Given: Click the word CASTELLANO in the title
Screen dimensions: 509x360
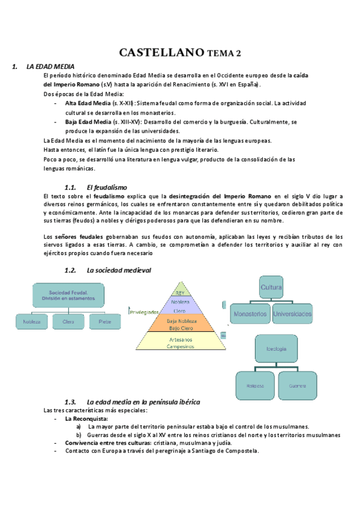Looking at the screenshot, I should pos(161,53).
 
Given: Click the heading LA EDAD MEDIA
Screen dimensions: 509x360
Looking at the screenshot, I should pos(50,67).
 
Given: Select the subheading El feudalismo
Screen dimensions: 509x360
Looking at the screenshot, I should pos(106,187).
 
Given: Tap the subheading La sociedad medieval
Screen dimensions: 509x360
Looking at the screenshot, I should pos(119,271).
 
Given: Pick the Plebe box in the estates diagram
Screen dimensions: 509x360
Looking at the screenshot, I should pos(100,322).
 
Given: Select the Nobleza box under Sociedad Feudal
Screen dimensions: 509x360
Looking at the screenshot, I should pos(32,322).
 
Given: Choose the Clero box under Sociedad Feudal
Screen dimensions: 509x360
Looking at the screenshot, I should pos(68,322).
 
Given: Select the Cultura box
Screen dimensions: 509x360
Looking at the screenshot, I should pos(271,288).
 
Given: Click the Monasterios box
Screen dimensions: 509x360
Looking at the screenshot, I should pos(250,314).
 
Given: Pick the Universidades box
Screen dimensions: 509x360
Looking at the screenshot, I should pos(292,314).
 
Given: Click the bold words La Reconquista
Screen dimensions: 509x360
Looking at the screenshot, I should pos(86,418).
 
